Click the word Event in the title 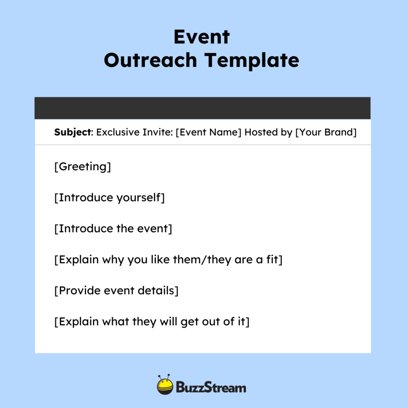[x=202, y=37]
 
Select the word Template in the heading [x=252, y=60]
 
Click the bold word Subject [x=73, y=132]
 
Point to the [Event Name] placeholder [x=208, y=132]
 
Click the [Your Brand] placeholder [x=326, y=132]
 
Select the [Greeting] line [x=82, y=167]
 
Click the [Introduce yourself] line [x=109, y=198]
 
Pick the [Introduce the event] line [x=113, y=229]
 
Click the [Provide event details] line [x=116, y=290]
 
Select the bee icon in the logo [x=165, y=385]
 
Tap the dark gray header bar [x=202, y=108]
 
